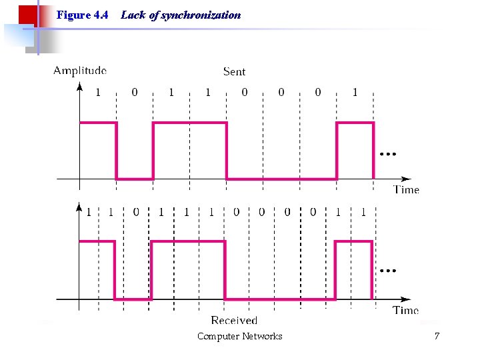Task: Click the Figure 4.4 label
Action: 83,15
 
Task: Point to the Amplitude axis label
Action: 80,70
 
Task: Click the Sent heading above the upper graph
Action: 234,71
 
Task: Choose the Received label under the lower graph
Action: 234,321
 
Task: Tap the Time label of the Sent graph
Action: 406,189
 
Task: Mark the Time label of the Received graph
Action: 405,310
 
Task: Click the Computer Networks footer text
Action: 239,337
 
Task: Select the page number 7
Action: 437,336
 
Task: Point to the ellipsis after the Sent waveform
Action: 387,154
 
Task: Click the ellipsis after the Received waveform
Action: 387,271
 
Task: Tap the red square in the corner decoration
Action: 27,15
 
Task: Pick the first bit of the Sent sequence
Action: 98,92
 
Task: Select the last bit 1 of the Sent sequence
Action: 355,92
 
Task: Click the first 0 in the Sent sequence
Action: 135,92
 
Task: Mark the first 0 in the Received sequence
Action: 136,212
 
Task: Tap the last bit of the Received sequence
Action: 363,212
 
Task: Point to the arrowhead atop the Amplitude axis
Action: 80,86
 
